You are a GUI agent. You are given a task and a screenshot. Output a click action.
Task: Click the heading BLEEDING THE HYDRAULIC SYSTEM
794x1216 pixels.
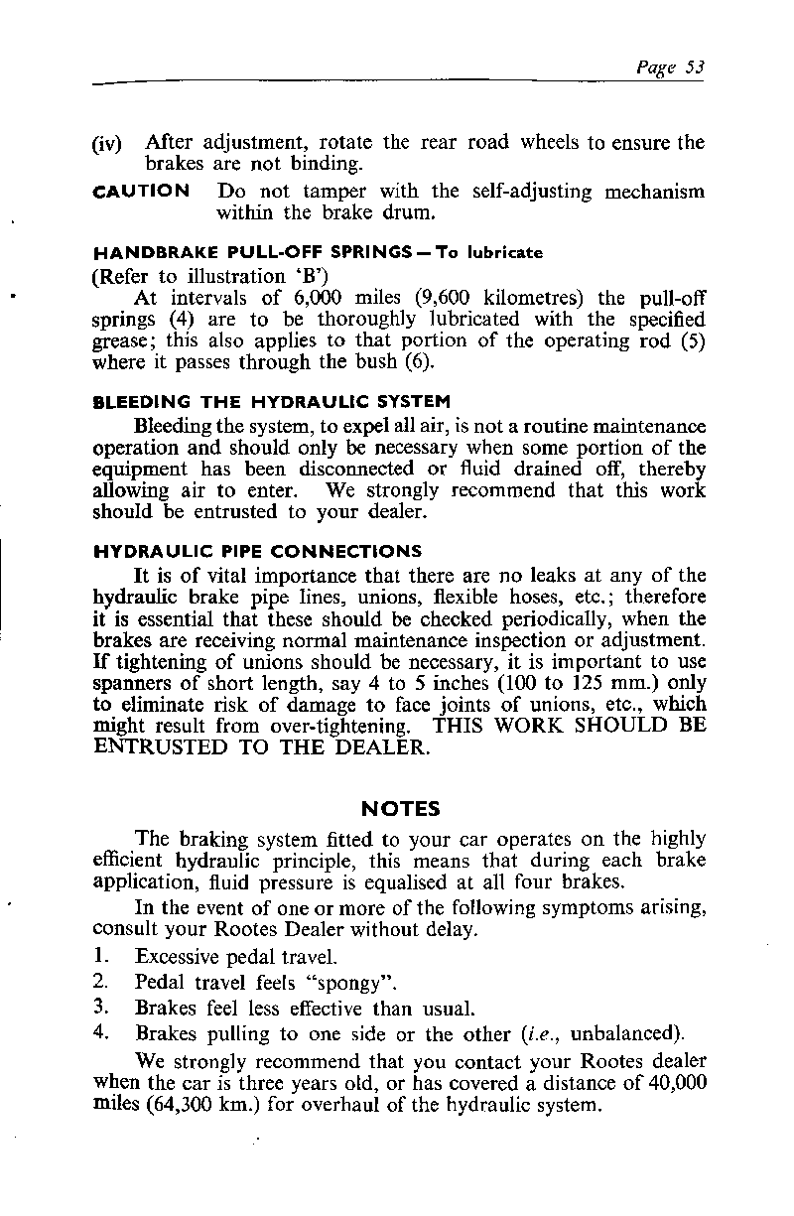pyautogui.click(x=271, y=401)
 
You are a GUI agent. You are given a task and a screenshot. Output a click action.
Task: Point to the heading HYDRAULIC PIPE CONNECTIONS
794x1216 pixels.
pyautogui.click(x=257, y=551)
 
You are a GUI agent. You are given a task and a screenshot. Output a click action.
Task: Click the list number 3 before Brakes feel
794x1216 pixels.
pyautogui.click(x=99, y=1008)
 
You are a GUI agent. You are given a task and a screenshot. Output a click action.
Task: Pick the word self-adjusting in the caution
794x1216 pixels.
pyautogui.click(x=522, y=191)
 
